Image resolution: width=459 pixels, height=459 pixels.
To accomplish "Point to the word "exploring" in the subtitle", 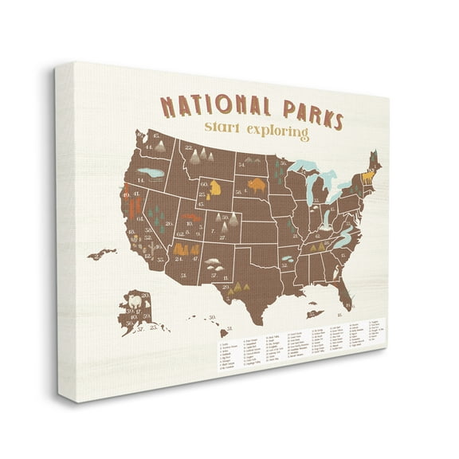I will [279, 136].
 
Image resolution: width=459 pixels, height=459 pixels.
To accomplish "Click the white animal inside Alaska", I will [134, 304].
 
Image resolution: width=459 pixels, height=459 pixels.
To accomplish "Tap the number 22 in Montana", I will [188, 147].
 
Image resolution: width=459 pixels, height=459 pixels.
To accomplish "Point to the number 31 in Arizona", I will [185, 276].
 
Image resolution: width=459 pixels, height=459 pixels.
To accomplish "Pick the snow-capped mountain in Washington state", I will [159, 145].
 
